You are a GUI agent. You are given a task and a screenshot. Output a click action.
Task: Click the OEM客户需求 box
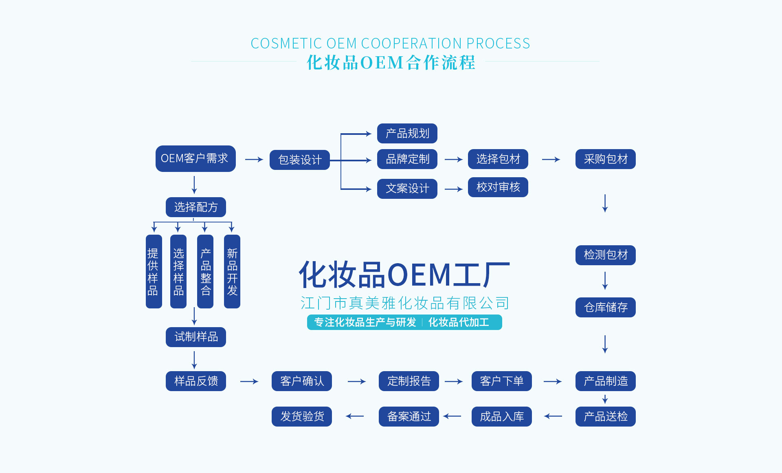195,158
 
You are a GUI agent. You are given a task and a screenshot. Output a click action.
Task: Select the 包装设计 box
300,160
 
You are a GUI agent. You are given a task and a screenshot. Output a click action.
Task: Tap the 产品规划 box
407,134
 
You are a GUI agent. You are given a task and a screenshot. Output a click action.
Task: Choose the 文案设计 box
407,189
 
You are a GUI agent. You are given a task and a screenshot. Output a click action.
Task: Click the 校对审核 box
498,187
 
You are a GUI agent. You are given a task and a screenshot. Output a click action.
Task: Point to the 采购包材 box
605,159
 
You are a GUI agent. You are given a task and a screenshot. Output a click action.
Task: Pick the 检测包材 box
605,255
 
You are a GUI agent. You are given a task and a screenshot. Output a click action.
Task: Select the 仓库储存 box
605,307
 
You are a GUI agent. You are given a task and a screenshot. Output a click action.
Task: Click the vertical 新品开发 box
232,271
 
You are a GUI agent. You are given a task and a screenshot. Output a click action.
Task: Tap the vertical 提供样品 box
154,271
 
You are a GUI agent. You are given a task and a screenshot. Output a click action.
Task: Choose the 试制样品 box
196,337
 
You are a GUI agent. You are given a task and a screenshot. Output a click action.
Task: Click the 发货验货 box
302,416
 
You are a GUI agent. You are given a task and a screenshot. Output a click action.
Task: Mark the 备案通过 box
409,416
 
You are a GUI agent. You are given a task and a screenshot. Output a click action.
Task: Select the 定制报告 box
409,381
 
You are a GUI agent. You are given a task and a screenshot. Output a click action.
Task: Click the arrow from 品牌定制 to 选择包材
453,160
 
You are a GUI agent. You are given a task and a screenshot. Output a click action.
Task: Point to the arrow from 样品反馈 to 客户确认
249,381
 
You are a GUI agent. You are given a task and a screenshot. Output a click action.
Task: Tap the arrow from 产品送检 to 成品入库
553,416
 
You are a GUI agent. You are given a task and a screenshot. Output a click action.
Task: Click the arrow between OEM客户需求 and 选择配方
194,185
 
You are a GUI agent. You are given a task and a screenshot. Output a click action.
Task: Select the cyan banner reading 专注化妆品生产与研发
365,322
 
